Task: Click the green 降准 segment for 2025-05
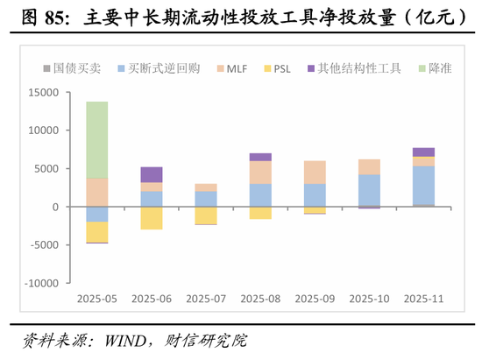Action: (x=97, y=140)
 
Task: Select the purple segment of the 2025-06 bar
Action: (x=152, y=174)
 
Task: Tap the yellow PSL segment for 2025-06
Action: (x=152, y=218)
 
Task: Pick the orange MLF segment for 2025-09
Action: (x=315, y=172)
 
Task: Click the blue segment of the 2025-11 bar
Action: (x=423, y=185)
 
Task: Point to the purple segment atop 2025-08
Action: (x=260, y=157)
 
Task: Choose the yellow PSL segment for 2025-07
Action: (x=206, y=215)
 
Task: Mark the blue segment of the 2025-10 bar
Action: (x=369, y=190)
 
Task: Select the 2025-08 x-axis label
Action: (x=260, y=299)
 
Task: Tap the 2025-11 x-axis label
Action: (x=423, y=299)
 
